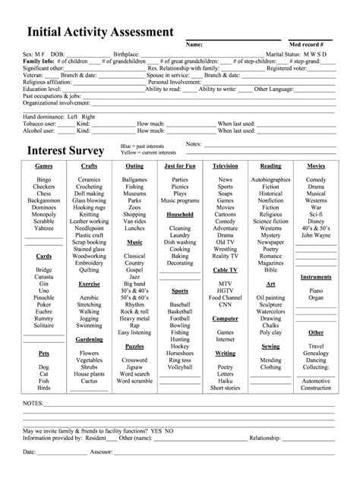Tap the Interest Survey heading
(66, 149)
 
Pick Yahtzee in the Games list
(44, 228)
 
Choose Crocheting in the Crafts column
(90, 186)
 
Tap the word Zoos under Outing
(134, 206)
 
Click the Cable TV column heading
(225, 269)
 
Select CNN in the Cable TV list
(225, 304)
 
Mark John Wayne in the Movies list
(316, 234)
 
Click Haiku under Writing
(225, 380)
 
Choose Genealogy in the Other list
(316, 353)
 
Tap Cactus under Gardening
(90, 381)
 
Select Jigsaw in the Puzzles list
(134, 366)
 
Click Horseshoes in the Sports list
(180, 353)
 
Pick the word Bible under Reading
(270, 269)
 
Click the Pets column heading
(44, 353)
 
